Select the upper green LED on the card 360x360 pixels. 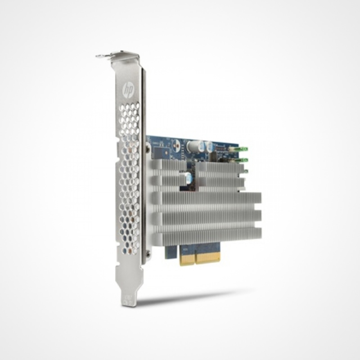(243, 148)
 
